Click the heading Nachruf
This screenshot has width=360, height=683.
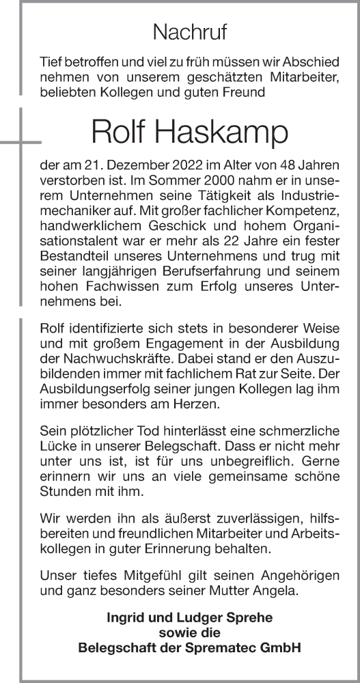(190, 31)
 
